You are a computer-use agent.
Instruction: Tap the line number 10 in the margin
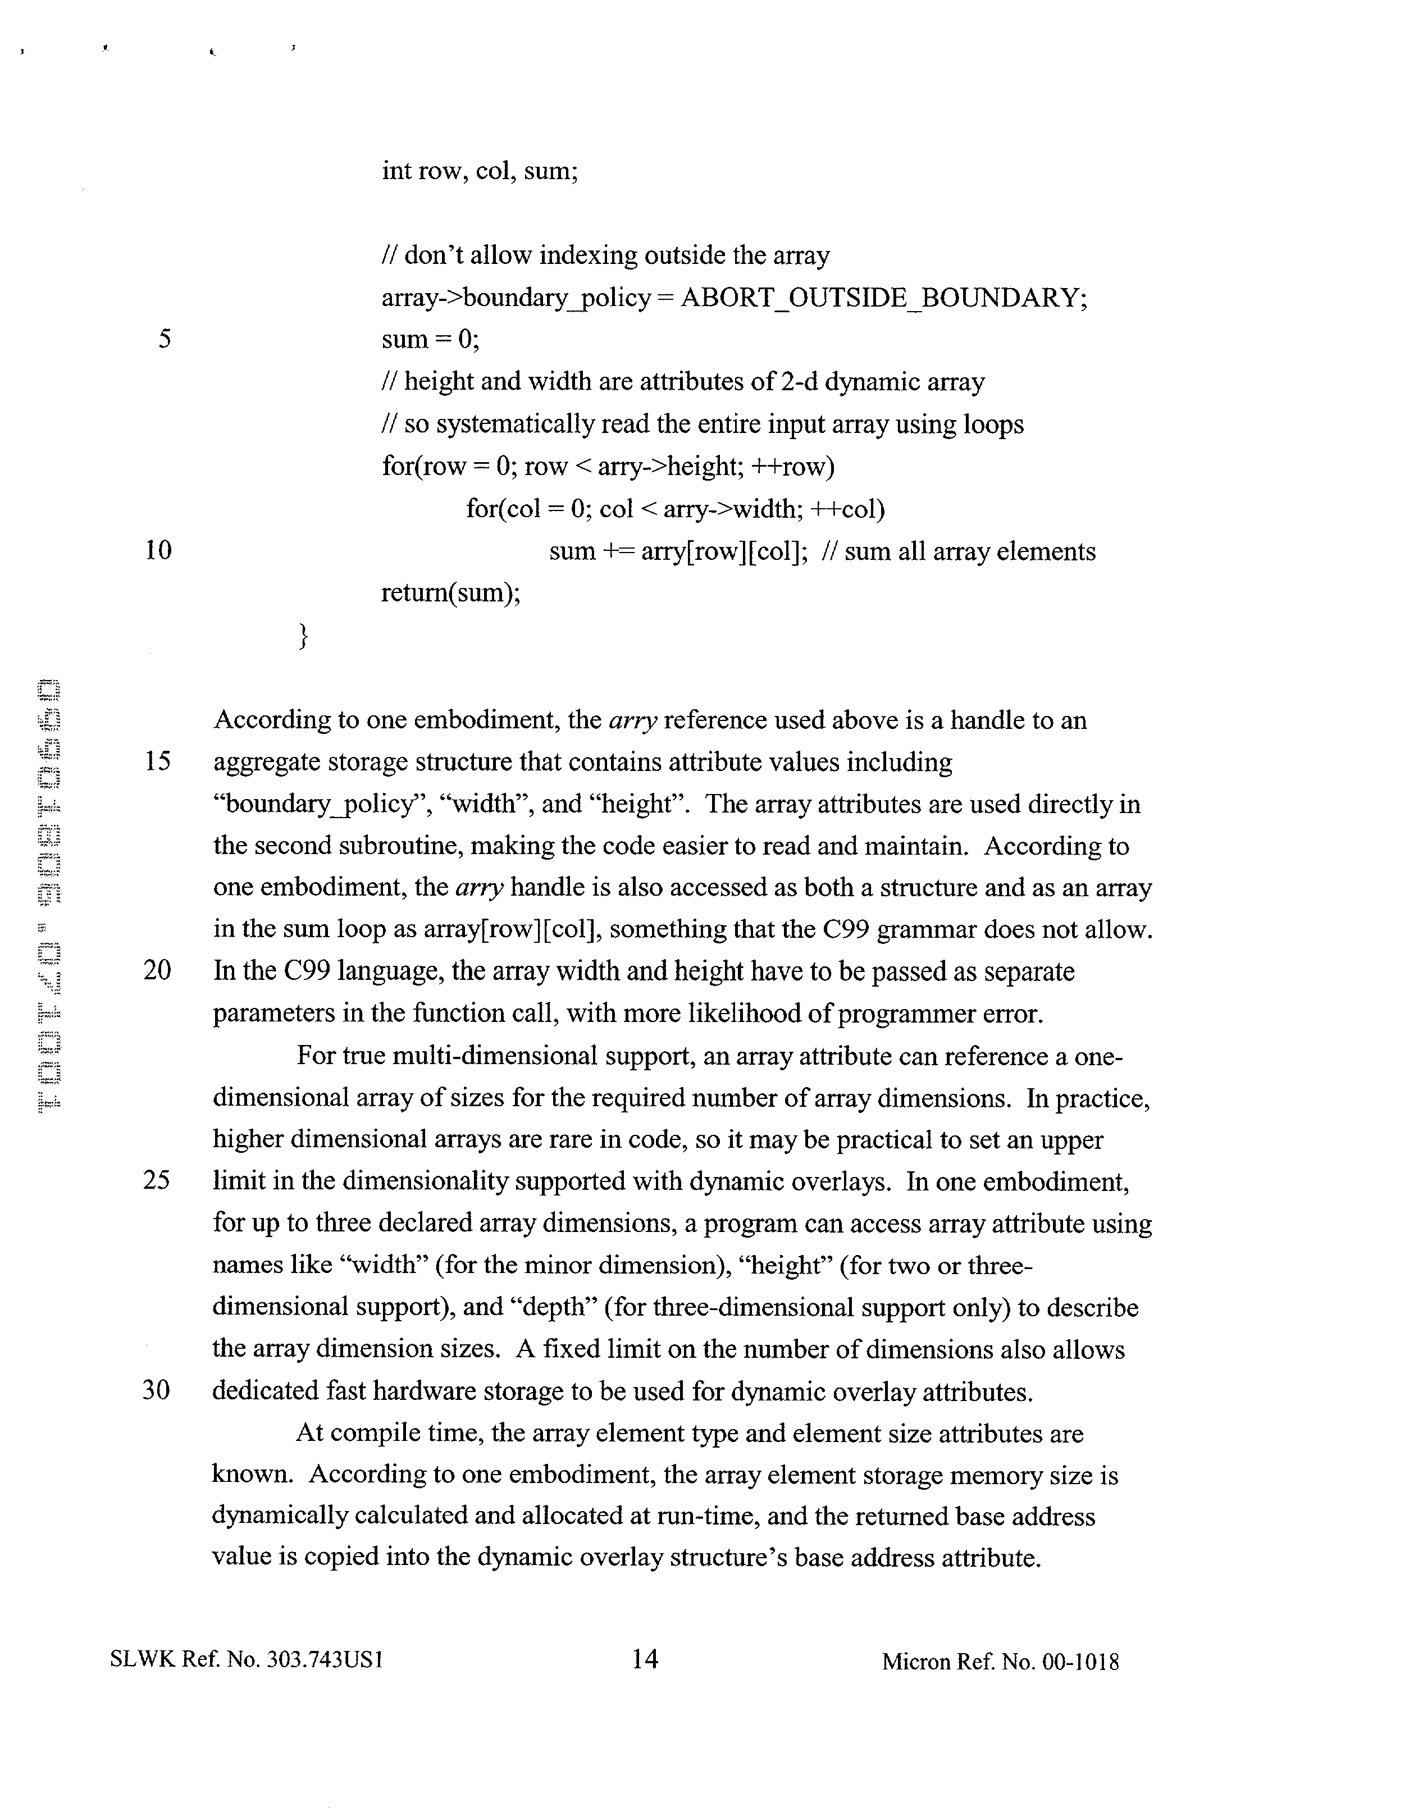tap(158, 550)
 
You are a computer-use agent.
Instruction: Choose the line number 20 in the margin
tap(157, 970)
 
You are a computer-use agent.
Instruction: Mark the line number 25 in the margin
tap(157, 1180)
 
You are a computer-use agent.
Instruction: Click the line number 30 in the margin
tap(157, 1390)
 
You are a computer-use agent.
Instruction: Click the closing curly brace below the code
tap(303, 636)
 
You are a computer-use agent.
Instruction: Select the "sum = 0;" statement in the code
tap(430, 339)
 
